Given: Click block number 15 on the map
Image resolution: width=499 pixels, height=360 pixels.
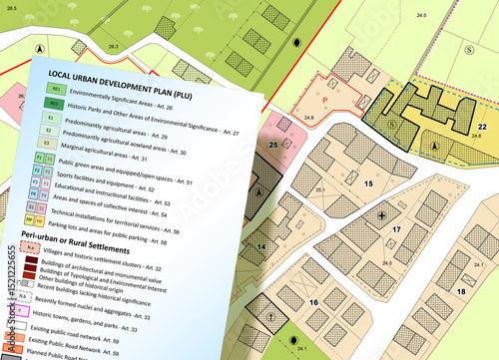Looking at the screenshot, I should click(x=368, y=183).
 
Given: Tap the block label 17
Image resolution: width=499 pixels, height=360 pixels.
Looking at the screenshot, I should click(x=396, y=229).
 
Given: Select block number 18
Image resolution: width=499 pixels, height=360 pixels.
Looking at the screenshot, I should click(x=460, y=290).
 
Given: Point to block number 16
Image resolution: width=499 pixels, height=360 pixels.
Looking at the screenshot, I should click(x=312, y=302).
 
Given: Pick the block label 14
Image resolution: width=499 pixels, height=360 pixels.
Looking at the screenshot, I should click(x=259, y=246).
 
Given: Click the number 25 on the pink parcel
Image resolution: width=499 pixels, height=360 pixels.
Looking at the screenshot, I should click(x=272, y=145).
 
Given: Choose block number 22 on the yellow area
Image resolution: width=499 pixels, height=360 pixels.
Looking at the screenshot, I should click(x=482, y=127).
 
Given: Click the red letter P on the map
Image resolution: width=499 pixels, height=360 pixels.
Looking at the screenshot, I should click(x=325, y=100).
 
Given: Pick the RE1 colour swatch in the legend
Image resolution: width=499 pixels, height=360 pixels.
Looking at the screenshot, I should click(x=57, y=89).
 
